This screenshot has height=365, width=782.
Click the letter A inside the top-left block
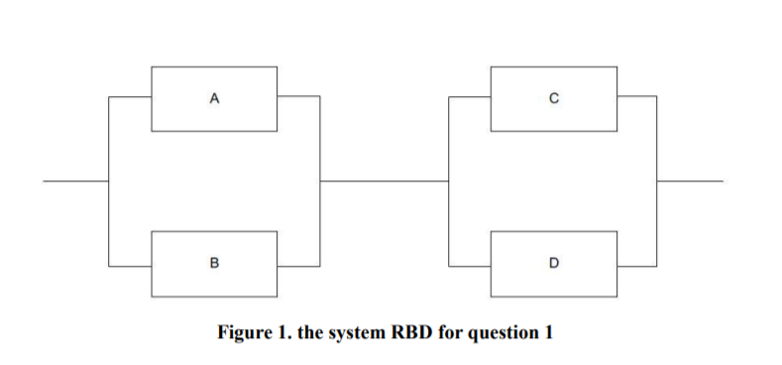213,98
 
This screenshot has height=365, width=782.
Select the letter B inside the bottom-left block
213,264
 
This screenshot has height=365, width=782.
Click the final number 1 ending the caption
548,331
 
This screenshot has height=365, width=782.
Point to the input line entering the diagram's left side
75,182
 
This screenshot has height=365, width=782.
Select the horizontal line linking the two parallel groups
384,182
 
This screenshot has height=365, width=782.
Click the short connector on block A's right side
297,97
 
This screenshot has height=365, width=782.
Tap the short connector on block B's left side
130,264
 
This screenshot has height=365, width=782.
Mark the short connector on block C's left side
470,97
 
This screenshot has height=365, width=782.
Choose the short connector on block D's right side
636,264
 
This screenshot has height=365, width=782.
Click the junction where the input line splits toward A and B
108,182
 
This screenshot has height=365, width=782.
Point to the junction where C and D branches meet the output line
656,182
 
